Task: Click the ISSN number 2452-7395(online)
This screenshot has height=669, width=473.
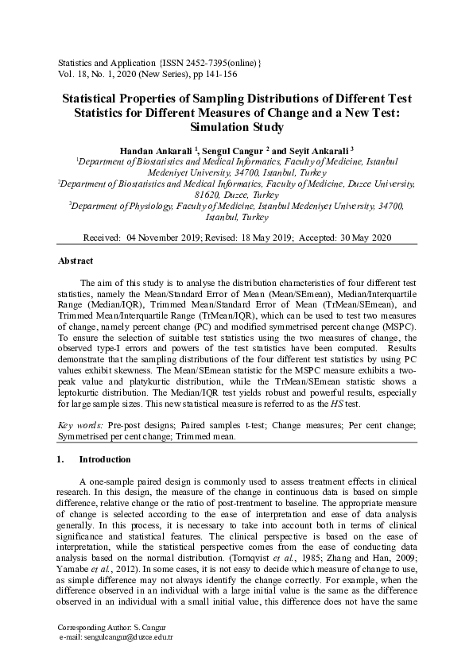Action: click(215, 62)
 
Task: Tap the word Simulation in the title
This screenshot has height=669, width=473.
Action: click(218, 126)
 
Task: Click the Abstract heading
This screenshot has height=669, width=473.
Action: click(76, 261)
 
